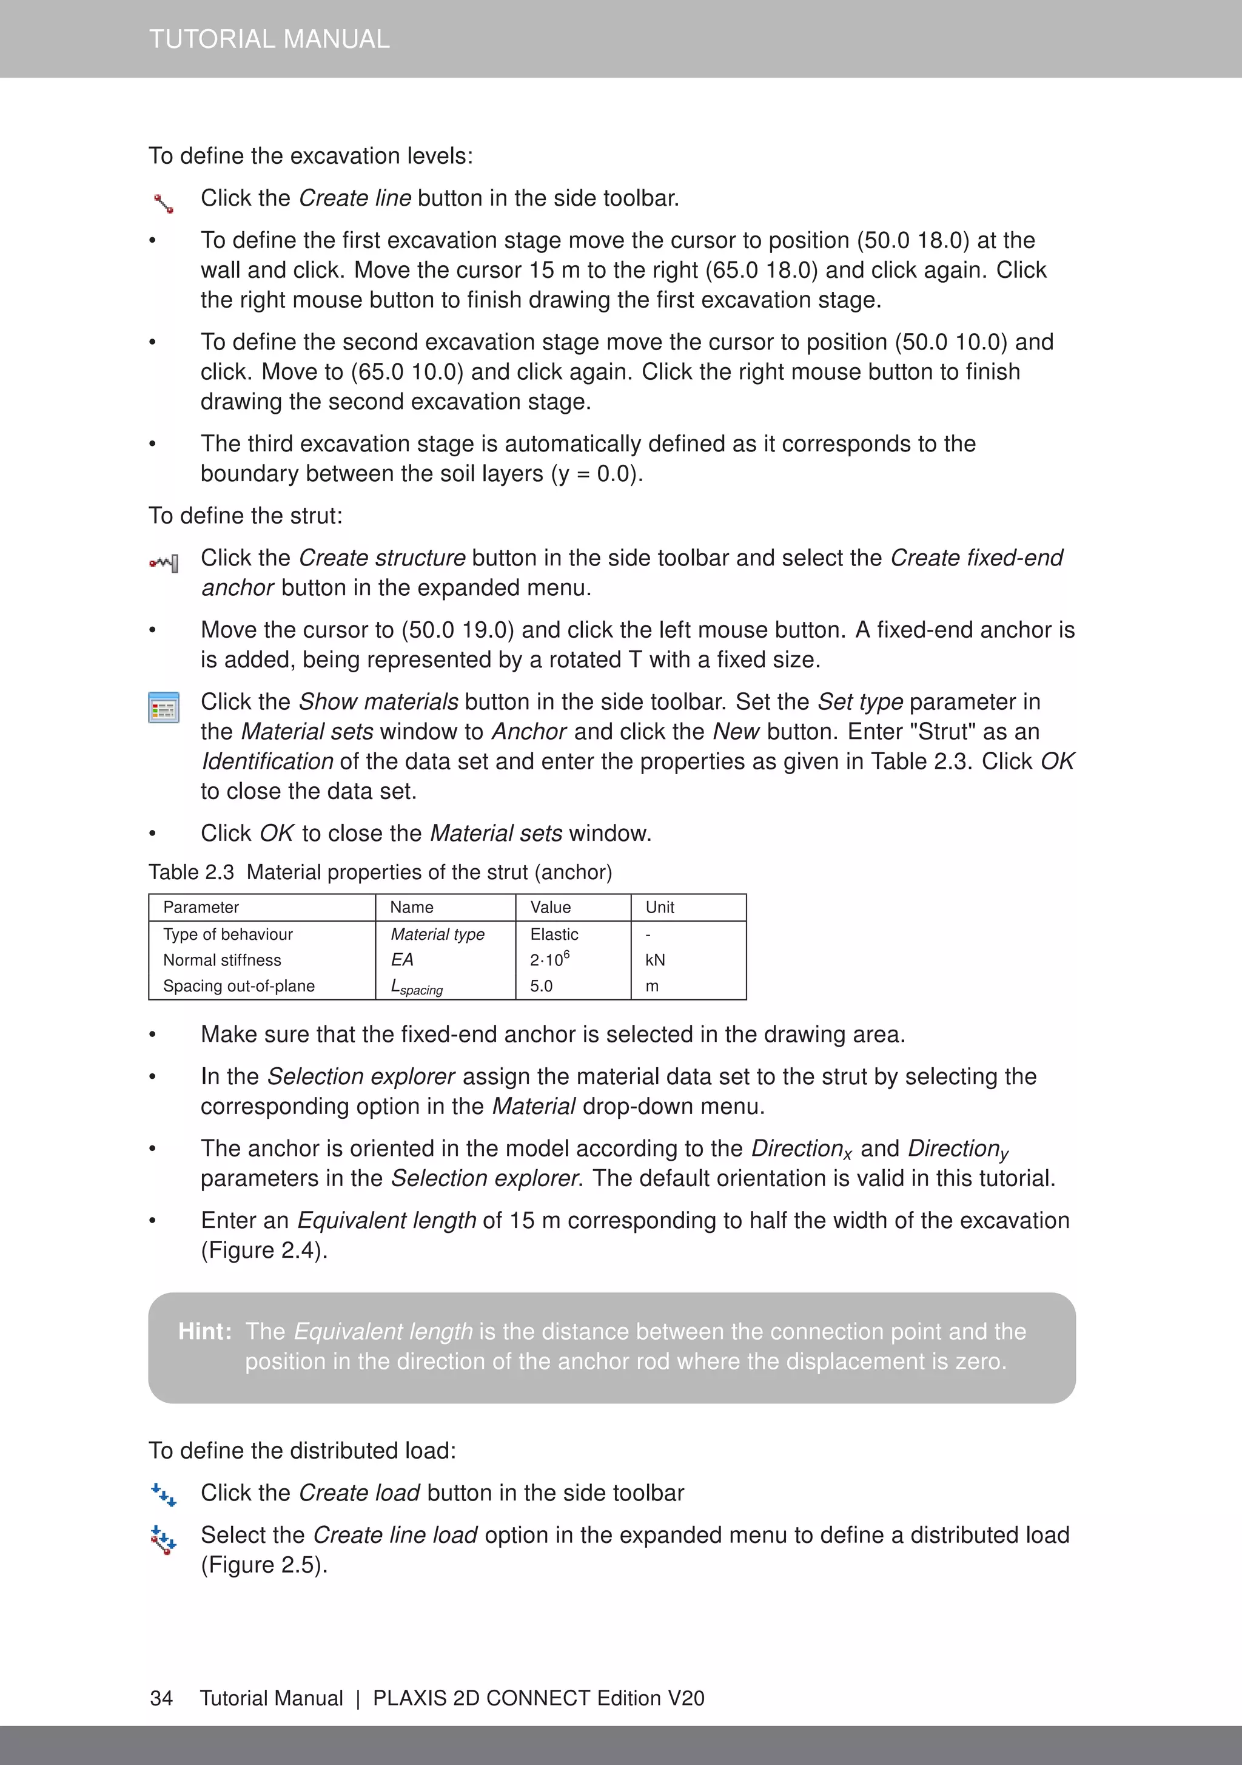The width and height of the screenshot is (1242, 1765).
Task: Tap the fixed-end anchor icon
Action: pyautogui.click(x=164, y=564)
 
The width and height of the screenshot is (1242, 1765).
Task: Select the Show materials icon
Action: pyautogui.click(x=164, y=707)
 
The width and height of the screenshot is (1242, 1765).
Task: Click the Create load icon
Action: pyautogui.click(x=164, y=1494)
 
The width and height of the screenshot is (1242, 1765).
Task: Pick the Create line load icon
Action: pyautogui.click(x=164, y=1540)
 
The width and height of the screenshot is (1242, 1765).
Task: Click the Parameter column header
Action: pyautogui.click(x=201, y=907)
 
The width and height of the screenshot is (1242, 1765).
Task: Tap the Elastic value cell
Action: pyautogui.click(x=554, y=934)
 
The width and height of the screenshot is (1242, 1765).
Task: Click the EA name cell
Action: pyautogui.click(x=402, y=959)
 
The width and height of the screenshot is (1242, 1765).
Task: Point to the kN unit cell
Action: pyautogui.click(x=655, y=960)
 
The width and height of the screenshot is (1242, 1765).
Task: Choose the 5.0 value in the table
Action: pyautogui.click(x=541, y=985)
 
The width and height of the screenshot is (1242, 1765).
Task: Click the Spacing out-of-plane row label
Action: pyautogui.click(x=238, y=985)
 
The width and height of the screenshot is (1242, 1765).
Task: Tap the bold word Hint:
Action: pyautogui.click(x=204, y=1331)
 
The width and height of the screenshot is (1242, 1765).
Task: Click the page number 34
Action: pyautogui.click(x=161, y=1698)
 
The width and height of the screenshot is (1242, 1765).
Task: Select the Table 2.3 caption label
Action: pyautogui.click(x=190, y=872)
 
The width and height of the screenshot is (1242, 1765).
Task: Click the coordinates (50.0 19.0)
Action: pyautogui.click(x=457, y=630)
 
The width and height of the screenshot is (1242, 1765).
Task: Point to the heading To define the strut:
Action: pyautogui.click(x=245, y=516)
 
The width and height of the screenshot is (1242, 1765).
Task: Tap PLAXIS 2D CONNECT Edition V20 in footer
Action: pyautogui.click(x=538, y=1698)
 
